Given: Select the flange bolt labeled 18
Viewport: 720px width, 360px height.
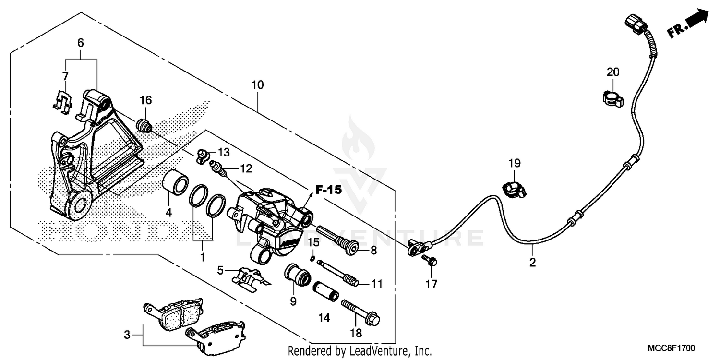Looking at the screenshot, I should tap(360, 312).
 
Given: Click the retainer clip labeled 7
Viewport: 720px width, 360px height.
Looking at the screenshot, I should tap(62, 99).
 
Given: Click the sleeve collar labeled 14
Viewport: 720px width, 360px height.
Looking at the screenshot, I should tap(327, 291).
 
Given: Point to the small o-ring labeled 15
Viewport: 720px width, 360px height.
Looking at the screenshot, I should tap(312, 259).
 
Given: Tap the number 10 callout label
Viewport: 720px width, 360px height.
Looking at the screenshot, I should tap(257, 85).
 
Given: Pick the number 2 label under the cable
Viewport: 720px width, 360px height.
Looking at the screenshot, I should tap(532, 263).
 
